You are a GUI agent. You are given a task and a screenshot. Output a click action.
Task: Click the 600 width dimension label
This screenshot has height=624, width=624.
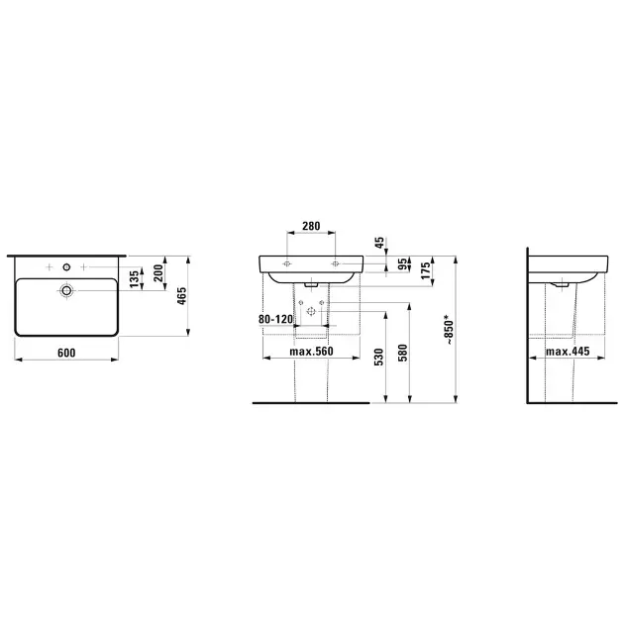pyautogui.click(x=66, y=353)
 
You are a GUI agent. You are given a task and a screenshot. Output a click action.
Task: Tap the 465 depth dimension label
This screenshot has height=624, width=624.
pyautogui.click(x=181, y=296)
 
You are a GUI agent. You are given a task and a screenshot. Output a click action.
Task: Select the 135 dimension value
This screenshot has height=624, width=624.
pyautogui.click(x=135, y=278)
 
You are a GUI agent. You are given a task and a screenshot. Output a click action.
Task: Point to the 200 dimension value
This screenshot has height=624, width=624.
pyautogui.click(x=158, y=273)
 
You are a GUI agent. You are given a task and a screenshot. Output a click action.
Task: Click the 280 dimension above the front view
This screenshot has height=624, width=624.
pyautogui.click(x=311, y=226)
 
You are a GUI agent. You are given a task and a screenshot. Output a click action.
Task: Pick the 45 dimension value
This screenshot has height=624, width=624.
pyautogui.click(x=379, y=243)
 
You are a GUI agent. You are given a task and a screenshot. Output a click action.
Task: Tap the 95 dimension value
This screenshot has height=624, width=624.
pyautogui.click(x=403, y=264)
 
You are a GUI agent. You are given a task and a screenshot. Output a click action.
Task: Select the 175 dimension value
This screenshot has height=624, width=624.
pyautogui.click(x=426, y=270)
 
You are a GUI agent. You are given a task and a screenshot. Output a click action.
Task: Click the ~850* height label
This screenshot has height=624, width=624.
pyautogui.click(x=449, y=330)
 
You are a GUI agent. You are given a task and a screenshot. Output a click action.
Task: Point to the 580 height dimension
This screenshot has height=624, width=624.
pyautogui.click(x=403, y=353)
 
